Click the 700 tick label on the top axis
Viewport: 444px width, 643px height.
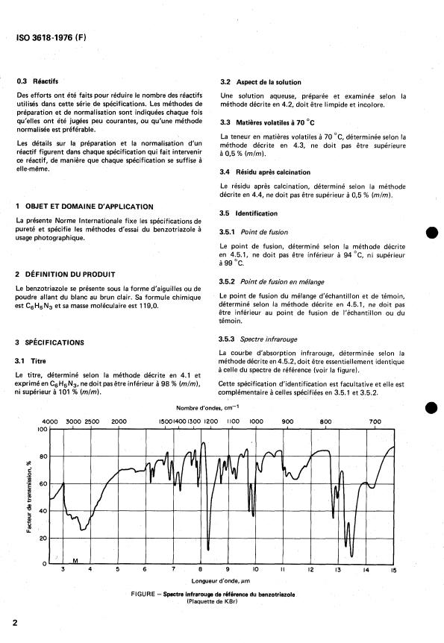[376, 421]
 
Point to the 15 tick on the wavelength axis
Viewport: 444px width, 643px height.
[393, 570]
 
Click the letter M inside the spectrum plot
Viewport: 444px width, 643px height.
[76, 559]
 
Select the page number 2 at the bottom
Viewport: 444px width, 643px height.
[15, 621]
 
